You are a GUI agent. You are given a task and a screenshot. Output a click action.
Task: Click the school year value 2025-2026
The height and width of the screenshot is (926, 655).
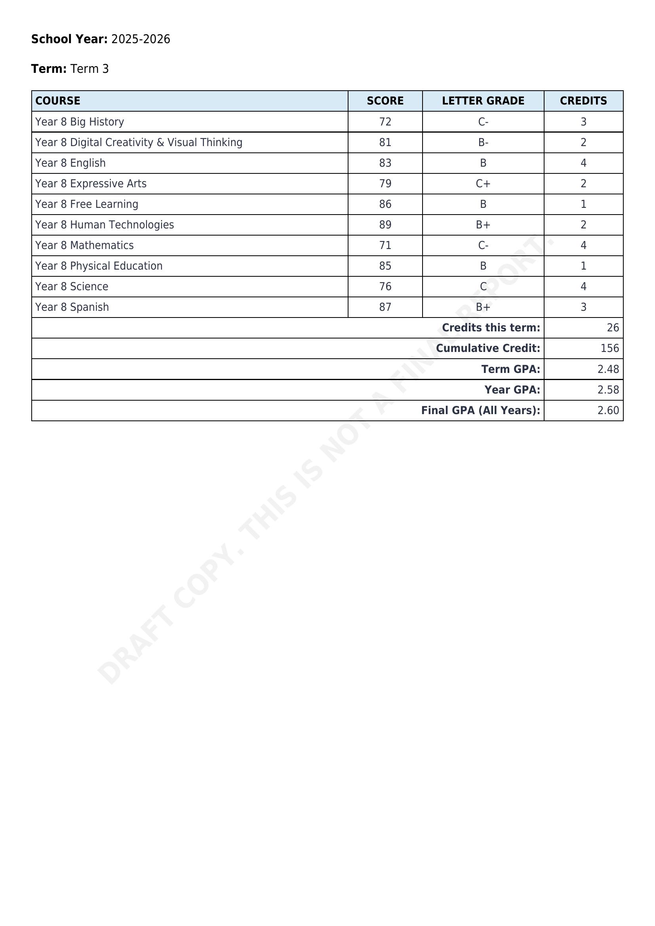(140, 39)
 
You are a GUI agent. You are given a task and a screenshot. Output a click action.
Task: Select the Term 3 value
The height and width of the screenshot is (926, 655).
(89, 69)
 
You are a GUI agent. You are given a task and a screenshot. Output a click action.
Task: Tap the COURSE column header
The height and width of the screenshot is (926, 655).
(58, 101)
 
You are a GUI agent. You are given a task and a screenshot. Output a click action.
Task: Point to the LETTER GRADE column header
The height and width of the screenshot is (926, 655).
(483, 101)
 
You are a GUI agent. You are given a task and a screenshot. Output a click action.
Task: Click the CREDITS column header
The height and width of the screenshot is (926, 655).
(583, 101)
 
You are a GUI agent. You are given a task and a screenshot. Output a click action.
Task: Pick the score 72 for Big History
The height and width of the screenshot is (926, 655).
(385, 122)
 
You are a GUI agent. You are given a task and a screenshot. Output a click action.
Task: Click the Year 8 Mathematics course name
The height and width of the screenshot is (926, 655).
(84, 245)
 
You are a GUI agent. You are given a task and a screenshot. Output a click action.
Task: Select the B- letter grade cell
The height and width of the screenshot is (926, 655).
(483, 143)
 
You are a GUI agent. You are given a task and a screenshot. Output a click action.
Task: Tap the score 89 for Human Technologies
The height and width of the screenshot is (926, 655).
(385, 224)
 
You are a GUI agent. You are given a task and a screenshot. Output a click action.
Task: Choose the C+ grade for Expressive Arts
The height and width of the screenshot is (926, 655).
(483, 184)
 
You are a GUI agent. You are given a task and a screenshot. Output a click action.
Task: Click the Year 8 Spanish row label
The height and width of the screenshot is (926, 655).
(72, 307)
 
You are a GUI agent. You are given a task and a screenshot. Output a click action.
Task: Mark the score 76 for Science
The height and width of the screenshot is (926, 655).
(385, 286)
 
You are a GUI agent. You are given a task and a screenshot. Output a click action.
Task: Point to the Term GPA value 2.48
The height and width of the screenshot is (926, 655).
(608, 369)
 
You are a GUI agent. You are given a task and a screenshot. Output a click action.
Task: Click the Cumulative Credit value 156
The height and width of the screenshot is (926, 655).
(609, 348)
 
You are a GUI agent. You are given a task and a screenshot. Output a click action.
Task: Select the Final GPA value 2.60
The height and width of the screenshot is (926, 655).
(608, 410)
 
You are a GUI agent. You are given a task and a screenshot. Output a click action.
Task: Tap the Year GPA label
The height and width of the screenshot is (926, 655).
(512, 390)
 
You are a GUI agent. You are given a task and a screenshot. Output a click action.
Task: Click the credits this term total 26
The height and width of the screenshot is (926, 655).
(612, 327)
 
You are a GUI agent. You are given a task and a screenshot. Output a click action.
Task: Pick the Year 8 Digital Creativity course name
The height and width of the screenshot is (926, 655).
(139, 143)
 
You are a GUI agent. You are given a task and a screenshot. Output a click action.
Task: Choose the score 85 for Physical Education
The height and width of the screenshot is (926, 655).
(385, 266)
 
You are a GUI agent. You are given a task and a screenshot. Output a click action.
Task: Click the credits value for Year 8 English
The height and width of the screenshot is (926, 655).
(583, 163)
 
